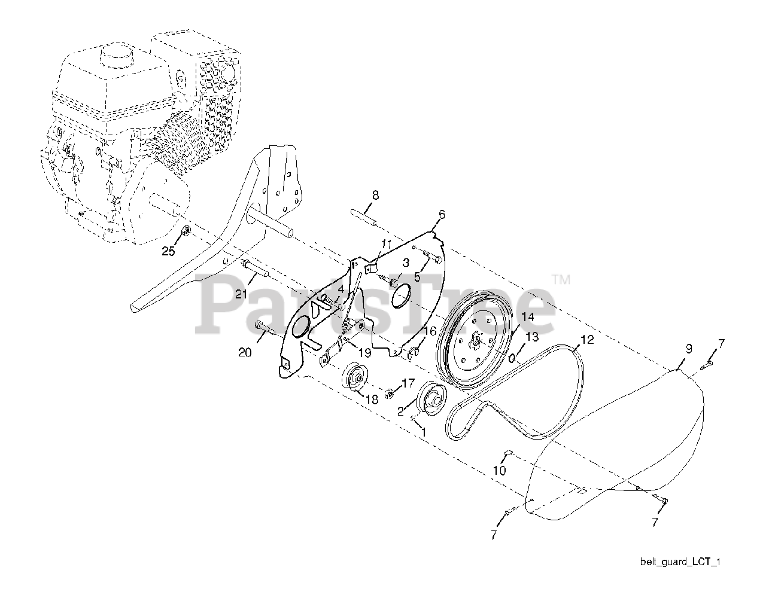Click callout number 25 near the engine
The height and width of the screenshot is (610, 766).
[169, 252]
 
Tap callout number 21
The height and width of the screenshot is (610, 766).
[241, 294]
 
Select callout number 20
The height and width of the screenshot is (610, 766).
[245, 353]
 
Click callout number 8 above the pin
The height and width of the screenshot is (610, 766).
[375, 195]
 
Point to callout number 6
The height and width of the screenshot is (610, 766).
[442, 214]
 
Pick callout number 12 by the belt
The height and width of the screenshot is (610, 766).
[588, 340]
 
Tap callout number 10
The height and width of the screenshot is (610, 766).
[499, 470]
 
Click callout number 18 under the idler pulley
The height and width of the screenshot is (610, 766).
[372, 399]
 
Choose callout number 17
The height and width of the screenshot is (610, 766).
[408, 382]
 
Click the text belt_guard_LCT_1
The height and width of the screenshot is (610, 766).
[680, 562]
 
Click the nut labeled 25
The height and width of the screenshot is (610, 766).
[186, 231]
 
